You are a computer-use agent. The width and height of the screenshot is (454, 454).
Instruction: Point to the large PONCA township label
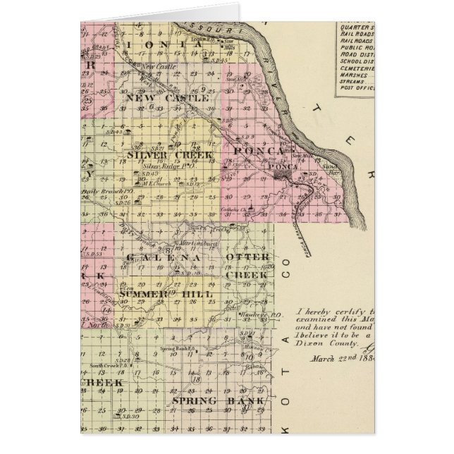tap(261, 151)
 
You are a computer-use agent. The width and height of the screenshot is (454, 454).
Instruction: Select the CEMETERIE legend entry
tap(357, 70)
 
